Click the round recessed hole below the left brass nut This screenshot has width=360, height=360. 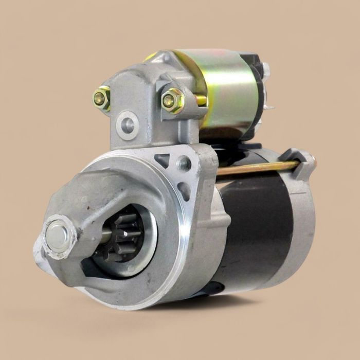click(x=127, y=124)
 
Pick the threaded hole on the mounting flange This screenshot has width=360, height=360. click(x=184, y=164)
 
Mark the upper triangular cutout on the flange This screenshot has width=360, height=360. click(x=163, y=160)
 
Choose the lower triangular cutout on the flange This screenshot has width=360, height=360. click(x=183, y=191)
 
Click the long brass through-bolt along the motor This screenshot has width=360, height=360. click(x=257, y=168)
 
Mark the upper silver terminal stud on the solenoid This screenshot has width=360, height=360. click(x=266, y=69)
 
